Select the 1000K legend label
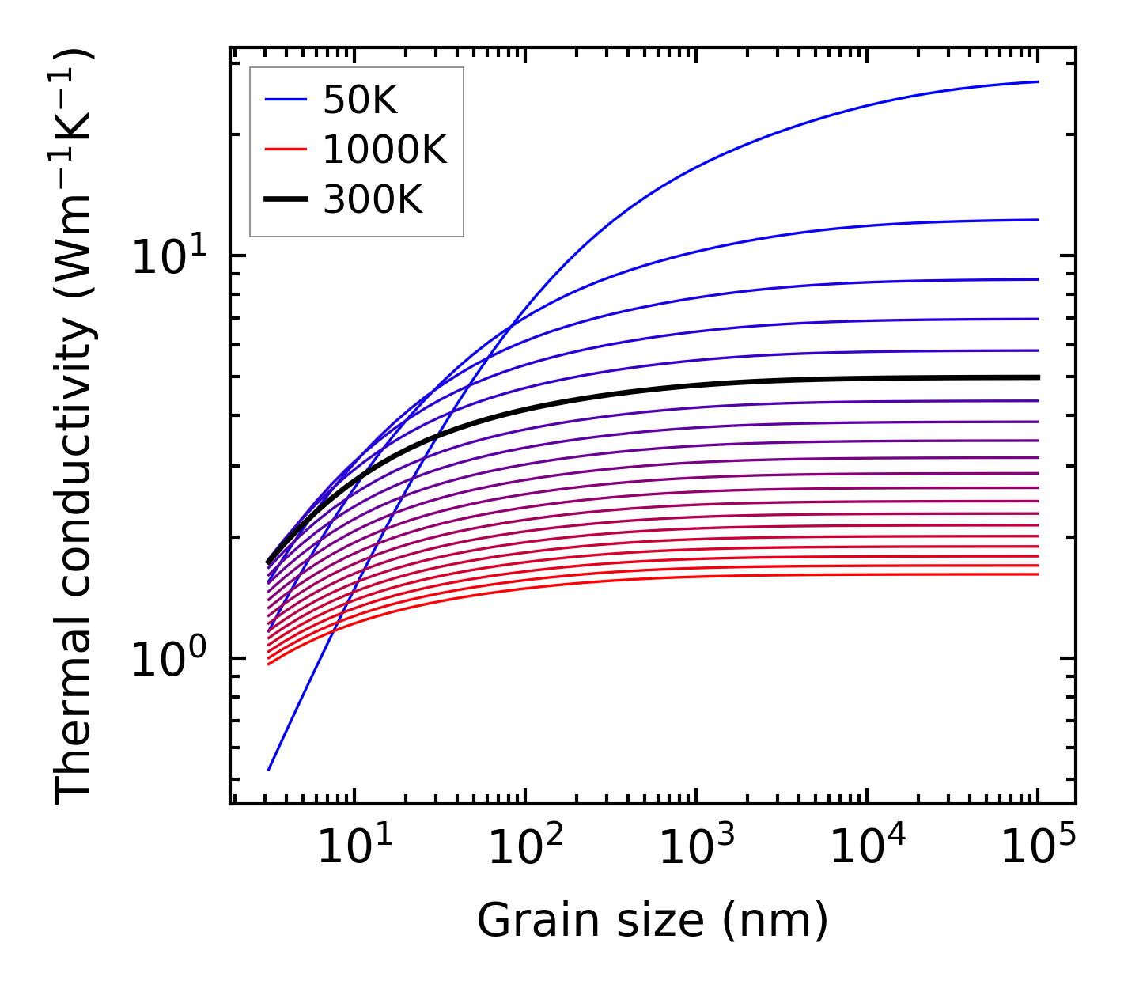tap(384, 150)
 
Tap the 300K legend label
tap(373, 200)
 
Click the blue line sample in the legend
tap(285, 100)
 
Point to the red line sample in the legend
tap(285, 150)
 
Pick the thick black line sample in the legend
tap(285, 200)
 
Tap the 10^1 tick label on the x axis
tap(353, 847)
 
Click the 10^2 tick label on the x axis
tap(525, 847)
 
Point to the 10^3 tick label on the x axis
tap(696, 847)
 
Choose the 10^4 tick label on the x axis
tap(867, 847)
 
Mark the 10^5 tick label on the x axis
tap(1038, 847)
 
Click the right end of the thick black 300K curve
tap(1037, 377)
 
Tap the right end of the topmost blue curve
tap(1037, 81)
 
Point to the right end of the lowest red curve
tap(1037, 574)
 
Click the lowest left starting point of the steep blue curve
tap(269, 769)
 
